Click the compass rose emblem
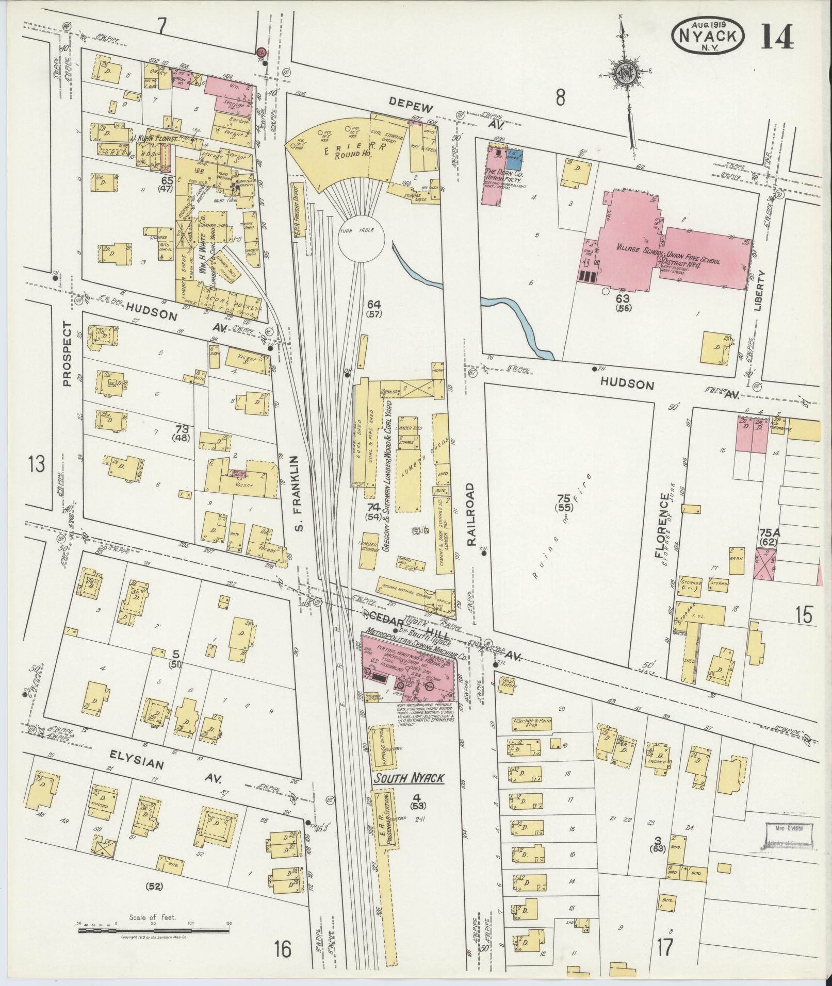point(626,75)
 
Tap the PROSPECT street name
point(68,354)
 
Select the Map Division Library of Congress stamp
point(788,838)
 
